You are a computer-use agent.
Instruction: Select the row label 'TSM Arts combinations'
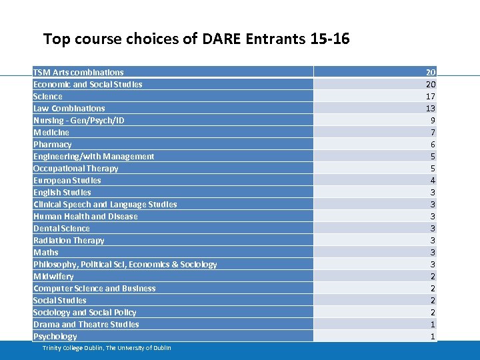[x=79, y=72]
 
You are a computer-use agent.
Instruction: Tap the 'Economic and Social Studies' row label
[x=88, y=84]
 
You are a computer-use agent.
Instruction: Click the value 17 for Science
[x=431, y=96]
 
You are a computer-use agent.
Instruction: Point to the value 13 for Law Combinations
[x=431, y=108]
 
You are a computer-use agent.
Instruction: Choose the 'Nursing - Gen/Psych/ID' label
[x=79, y=120]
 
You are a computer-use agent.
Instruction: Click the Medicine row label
[x=51, y=132]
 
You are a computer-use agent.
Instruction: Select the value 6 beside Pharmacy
[x=433, y=144]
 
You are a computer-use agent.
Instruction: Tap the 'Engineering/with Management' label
[x=94, y=156]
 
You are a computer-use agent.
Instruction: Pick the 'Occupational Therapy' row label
[x=76, y=168]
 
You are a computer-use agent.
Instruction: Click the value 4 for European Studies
[x=433, y=180]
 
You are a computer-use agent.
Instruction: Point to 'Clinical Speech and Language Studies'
[x=105, y=204]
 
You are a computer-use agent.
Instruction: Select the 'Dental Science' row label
[x=61, y=228]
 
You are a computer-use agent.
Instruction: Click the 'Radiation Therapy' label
[x=69, y=240]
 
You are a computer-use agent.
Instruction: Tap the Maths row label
[x=46, y=252]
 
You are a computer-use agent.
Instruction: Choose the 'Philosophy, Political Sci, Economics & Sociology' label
[x=125, y=264]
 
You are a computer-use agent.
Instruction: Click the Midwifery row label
[x=53, y=276]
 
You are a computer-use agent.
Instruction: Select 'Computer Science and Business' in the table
[x=95, y=288]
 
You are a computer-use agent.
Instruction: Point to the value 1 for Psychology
[x=433, y=336]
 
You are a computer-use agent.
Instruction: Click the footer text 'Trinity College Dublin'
[x=73, y=348]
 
